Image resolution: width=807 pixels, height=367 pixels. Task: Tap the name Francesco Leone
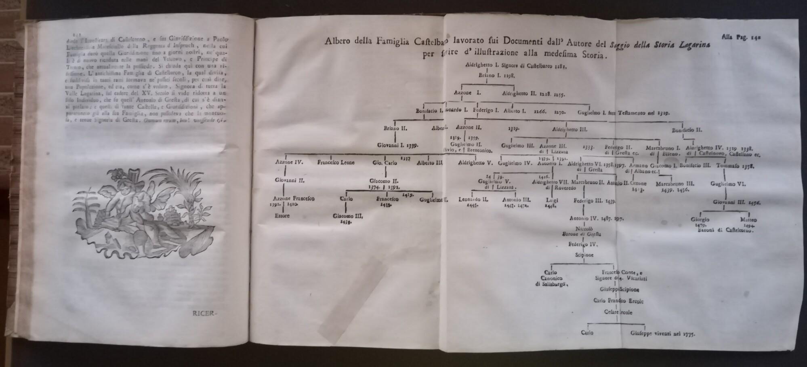[336, 162]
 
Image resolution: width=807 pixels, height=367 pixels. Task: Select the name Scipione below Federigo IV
[584, 255]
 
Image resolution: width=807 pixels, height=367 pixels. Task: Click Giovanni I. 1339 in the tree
[397, 144]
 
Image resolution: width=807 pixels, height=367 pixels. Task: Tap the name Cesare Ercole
[618, 312]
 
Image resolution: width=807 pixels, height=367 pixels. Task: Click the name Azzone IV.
[289, 162]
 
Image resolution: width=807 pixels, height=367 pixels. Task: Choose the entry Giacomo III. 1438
[348, 218]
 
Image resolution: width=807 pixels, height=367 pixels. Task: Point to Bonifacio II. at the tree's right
[687, 130]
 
